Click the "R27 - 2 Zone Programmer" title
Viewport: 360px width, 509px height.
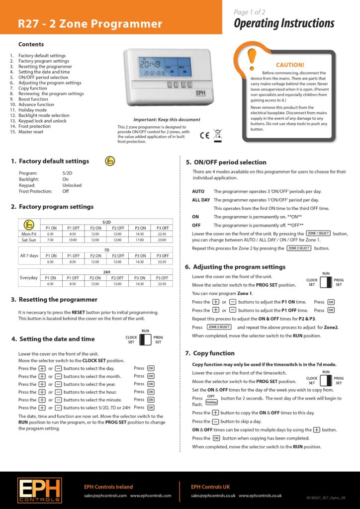click(90, 24)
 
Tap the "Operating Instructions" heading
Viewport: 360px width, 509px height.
click(284, 23)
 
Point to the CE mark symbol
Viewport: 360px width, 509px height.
click(204, 135)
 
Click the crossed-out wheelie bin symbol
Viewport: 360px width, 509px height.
click(217, 134)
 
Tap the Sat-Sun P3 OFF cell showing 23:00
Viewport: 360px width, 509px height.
click(162, 240)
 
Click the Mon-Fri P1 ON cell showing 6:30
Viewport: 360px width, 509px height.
click(50, 234)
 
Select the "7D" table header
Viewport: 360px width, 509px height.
click(106, 250)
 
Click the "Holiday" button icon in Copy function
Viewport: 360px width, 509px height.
click(211, 402)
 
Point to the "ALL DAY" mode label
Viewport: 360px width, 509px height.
click(201, 200)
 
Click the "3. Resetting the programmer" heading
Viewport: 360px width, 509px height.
click(54, 300)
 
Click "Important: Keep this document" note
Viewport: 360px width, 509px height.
click(167, 120)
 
